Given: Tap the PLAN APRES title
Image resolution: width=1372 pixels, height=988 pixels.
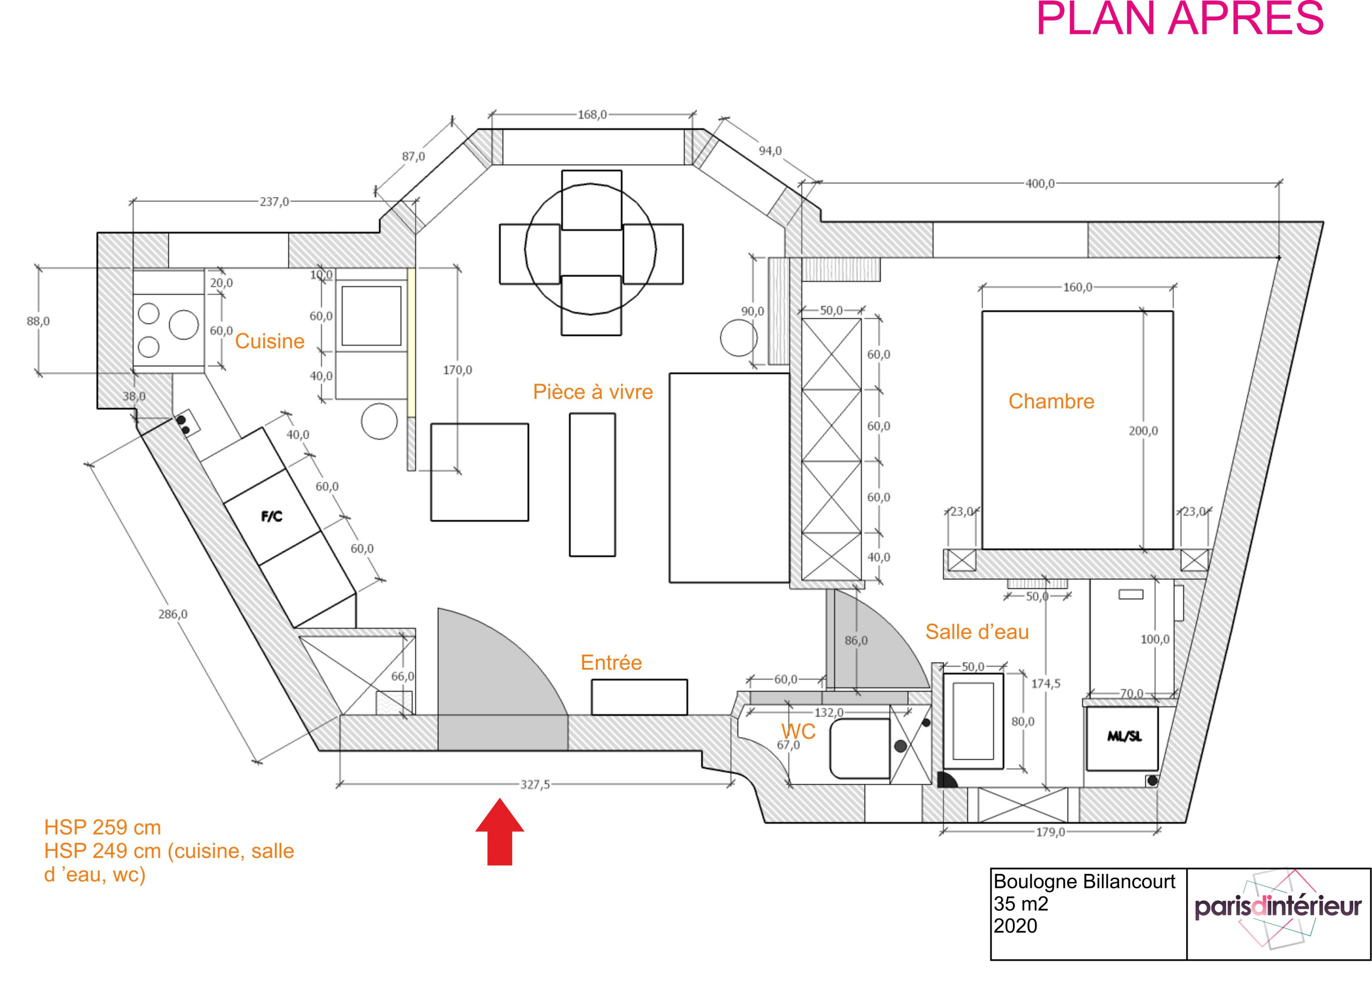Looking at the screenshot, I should tap(1180, 19).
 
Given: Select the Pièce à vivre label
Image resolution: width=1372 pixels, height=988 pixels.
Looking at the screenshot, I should tap(592, 392).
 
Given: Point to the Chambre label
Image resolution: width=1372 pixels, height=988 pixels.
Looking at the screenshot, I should tap(1051, 401).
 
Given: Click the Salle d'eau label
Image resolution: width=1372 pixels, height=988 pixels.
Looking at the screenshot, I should tap(976, 632).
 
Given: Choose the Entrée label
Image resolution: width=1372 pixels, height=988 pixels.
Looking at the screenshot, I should tap(611, 663).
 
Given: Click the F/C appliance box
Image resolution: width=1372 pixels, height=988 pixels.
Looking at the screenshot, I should tap(272, 517).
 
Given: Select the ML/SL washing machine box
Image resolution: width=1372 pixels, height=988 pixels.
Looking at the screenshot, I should tap(1124, 737).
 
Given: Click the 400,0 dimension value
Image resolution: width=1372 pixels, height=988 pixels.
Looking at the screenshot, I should tap(1039, 184).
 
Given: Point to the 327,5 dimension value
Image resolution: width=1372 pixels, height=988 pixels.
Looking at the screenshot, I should tap(535, 785).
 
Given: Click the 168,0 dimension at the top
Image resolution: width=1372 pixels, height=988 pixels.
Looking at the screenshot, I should tap(592, 115).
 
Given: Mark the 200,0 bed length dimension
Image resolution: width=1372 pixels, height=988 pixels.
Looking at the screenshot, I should tap(1143, 431).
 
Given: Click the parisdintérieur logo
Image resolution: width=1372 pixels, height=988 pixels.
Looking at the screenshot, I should tap(1278, 908).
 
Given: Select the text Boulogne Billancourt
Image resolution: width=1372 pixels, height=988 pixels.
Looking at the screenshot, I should tap(1084, 881).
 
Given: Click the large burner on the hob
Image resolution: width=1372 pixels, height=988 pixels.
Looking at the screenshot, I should tap(183, 325).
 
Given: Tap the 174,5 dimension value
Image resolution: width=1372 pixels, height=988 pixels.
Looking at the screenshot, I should tap(1045, 684).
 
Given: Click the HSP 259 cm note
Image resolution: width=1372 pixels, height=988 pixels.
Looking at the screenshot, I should tap(103, 827).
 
